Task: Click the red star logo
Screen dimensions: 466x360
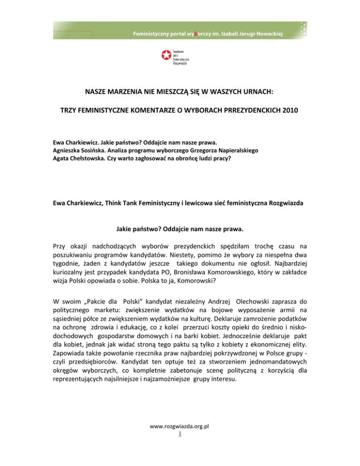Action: pyautogui.click(x=165, y=56)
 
